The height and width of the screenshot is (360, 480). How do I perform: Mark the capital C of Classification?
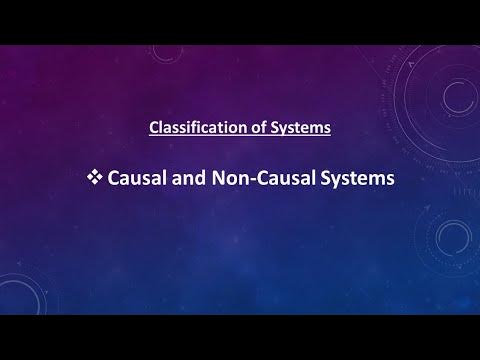(153, 128)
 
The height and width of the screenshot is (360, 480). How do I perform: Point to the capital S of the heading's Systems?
(265, 128)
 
